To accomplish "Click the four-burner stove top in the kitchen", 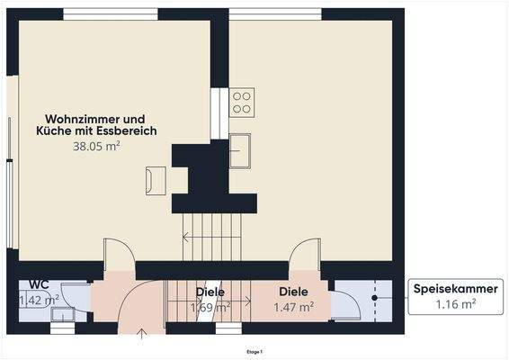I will click(242, 101).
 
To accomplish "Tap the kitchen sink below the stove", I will click(240, 150).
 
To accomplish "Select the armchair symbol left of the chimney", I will click(156, 179).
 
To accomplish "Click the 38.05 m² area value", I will click(96, 145).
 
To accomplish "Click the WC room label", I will click(38, 284).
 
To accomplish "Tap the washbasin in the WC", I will click(62, 314).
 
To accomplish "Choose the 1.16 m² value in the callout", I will click(456, 305).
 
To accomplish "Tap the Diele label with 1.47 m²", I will click(293, 292).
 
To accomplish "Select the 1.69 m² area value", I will click(210, 307).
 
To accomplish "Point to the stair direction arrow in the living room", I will click(186, 238).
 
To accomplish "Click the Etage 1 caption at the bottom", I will click(254, 352).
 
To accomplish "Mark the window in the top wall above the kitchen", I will click(275, 13).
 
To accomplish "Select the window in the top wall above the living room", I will click(111, 13).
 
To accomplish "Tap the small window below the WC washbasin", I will click(62, 328).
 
